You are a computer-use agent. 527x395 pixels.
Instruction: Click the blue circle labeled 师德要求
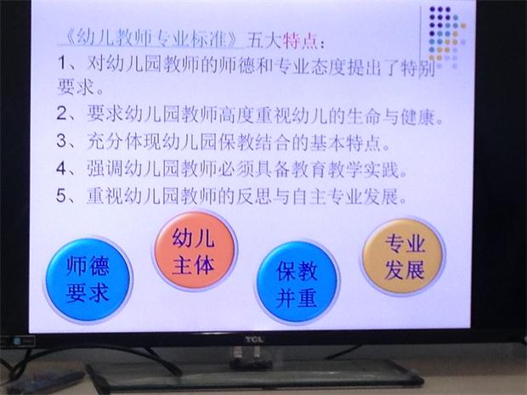[x=88, y=279]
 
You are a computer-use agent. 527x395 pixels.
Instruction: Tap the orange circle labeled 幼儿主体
[x=194, y=251]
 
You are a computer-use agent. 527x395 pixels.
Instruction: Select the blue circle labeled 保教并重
[x=297, y=281]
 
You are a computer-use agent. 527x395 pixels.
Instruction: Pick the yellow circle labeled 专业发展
[x=403, y=257]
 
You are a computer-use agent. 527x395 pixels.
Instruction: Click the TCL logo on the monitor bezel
[x=254, y=339]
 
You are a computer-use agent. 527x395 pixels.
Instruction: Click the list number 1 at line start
[x=63, y=63]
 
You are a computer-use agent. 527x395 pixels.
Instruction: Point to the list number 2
[x=63, y=114]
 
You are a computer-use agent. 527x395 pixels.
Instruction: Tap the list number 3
[x=63, y=140]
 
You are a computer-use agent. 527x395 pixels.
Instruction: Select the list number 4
[x=63, y=168]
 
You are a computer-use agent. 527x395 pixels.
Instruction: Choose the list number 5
[x=63, y=195]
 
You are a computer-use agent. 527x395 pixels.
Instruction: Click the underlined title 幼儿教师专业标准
[x=152, y=40]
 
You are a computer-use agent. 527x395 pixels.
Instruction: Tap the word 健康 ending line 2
[x=417, y=116]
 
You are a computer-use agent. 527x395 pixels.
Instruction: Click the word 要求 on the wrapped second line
[x=76, y=87]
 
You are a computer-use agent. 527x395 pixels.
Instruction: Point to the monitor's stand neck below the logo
[x=247, y=353]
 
